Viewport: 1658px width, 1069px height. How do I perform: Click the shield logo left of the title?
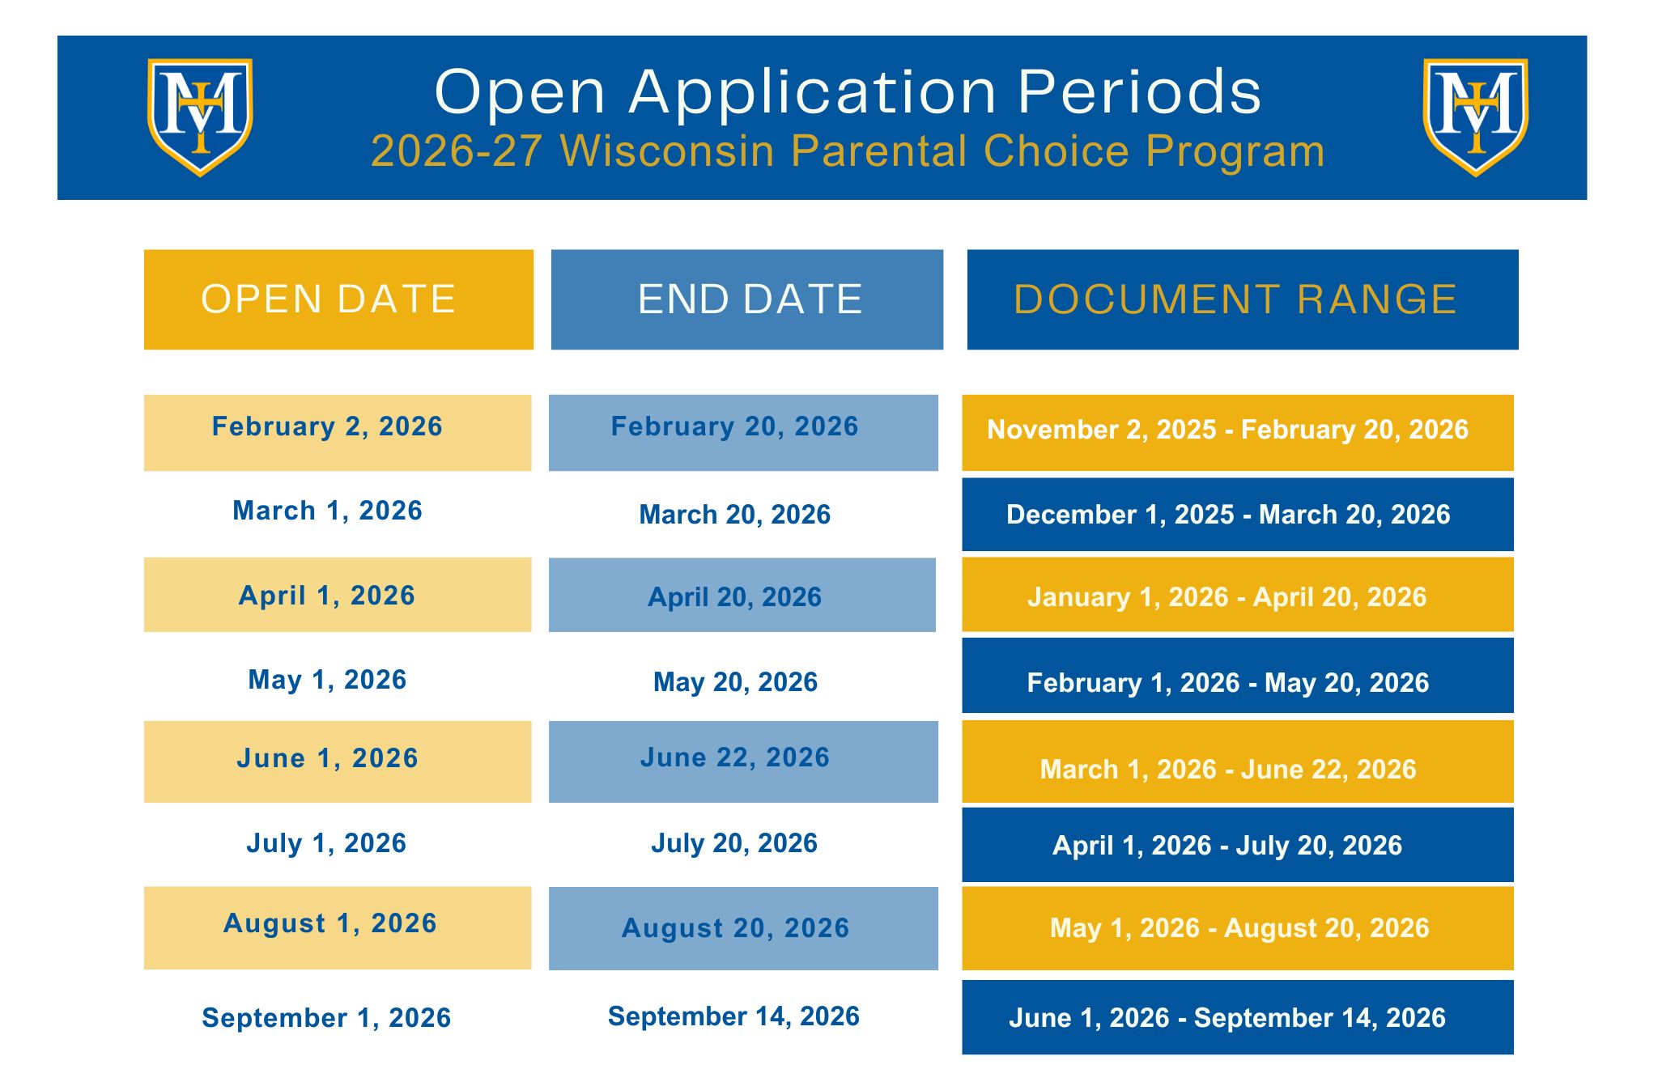(x=200, y=117)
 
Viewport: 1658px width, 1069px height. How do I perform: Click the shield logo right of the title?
(x=1476, y=117)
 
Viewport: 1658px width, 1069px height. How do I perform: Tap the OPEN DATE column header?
(x=338, y=299)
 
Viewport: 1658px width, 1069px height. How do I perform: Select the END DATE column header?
(x=747, y=299)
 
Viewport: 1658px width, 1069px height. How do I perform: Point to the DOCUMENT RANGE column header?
(x=1243, y=299)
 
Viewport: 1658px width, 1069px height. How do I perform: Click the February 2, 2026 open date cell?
(x=338, y=433)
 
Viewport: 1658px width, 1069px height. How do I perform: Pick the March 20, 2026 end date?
(x=735, y=515)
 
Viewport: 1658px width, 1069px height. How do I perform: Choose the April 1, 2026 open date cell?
(x=338, y=595)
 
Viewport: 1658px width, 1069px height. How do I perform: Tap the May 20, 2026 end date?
(x=735, y=682)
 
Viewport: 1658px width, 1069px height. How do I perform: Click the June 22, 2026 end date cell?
(x=743, y=761)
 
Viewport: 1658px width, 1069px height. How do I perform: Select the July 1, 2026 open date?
(x=326, y=843)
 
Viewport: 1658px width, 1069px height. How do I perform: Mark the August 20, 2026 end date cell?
(x=743, y=928)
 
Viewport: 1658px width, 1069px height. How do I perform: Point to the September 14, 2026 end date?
(x=733, y=1016)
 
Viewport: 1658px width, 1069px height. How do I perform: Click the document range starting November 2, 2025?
(x=1238, y=433)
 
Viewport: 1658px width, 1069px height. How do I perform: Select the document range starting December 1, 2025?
(x=1238, y=515)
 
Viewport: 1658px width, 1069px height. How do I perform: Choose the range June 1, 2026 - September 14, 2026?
(x=1238, y=1017)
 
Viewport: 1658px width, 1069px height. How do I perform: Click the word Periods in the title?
(x=1140, y=91)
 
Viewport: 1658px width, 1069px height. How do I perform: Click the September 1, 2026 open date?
(x=326, y=1018)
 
